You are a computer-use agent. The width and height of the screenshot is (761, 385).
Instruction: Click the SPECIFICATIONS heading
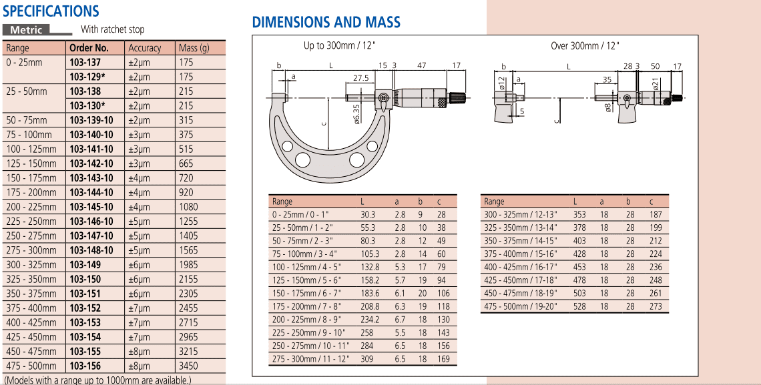(x=51, y=11)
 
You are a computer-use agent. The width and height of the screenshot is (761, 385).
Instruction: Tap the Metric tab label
(x=26, y=30)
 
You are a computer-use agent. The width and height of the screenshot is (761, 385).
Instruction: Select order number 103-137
(x=85, y=62)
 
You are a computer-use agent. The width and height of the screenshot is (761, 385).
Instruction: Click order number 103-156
(x=85, y=366)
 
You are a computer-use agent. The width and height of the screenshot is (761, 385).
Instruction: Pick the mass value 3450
(x=188, y=366)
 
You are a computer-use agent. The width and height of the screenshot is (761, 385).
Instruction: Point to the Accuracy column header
(x=144, y=48)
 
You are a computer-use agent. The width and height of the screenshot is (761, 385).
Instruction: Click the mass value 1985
(x=188, y=265)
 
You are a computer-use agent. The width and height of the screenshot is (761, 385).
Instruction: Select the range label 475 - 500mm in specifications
(x=31, y=366)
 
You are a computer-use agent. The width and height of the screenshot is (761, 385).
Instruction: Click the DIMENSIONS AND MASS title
(x=326, y=22)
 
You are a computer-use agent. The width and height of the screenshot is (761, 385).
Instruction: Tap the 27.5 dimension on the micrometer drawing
(x=360, y=78)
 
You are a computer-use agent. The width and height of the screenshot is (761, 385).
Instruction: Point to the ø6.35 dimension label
(x=356, y=113)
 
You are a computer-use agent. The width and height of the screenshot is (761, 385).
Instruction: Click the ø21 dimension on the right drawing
(x=656, y=84)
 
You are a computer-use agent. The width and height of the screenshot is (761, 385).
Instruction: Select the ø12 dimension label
(x=501, y=83)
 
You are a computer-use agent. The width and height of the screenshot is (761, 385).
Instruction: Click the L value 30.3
(x=368, y=214)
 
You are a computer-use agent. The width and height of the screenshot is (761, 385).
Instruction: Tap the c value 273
(x=656, y=306)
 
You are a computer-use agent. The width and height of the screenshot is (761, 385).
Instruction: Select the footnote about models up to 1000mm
(x=97, y=380)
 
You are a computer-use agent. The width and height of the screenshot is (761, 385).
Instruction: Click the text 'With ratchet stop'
(x=112, y=30)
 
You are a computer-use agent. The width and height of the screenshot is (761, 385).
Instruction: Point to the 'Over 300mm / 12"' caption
(x=585, y=46)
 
